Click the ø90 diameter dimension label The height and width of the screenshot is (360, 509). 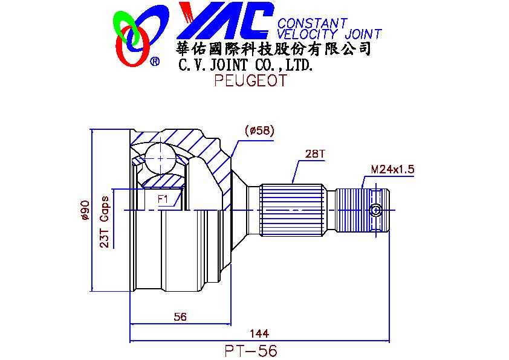coord(85,210)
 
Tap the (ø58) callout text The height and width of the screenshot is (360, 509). coord(259,130)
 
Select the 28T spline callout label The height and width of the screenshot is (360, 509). coord(314,153)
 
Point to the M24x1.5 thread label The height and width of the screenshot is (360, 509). coord(392,169)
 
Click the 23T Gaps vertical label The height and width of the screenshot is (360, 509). coord(104,222)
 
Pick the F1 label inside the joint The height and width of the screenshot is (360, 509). coord(163,199)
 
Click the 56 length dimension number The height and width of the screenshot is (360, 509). coord(180,317)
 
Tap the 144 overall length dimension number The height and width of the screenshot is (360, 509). coord(259,333)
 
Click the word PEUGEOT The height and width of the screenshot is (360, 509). coord(251,80)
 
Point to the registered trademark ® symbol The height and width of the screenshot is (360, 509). coord(155,60)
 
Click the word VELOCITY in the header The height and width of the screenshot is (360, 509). coord(306,34)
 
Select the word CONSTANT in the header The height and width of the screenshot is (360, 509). coord(313,23)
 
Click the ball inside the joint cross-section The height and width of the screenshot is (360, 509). coord(161,159)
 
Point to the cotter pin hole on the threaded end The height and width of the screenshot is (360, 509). coord(375,210)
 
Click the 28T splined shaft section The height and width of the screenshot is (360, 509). coord(293,210)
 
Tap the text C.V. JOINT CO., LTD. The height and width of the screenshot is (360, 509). coord(246,65)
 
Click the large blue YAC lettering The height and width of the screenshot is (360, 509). coord(225,21)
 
